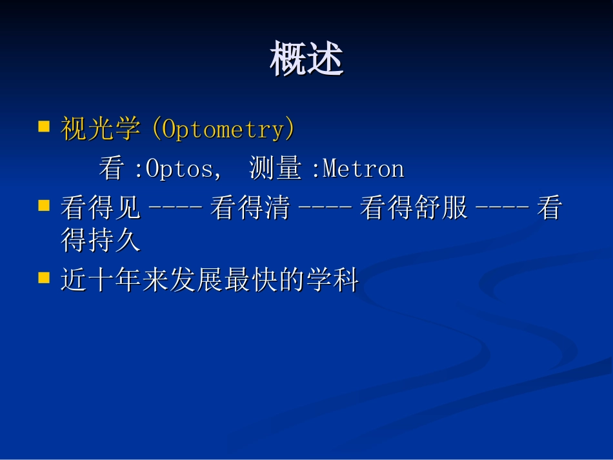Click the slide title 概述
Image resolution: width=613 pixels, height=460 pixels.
click(x=306, y=59)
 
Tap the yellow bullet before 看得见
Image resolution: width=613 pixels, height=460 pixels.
click(x=45, y=205)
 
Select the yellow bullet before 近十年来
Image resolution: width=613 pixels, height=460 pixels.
click(x=45, y=277)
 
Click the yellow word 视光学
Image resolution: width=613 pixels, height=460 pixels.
click(x=100, y=130)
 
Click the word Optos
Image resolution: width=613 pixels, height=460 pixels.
click(x=179, y=169)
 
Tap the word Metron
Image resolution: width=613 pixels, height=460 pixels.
click(x=363, y=169)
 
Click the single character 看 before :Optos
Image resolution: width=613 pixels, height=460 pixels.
click(x=112, y=169)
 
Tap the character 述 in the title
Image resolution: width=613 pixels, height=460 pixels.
click(x=325, y=59)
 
